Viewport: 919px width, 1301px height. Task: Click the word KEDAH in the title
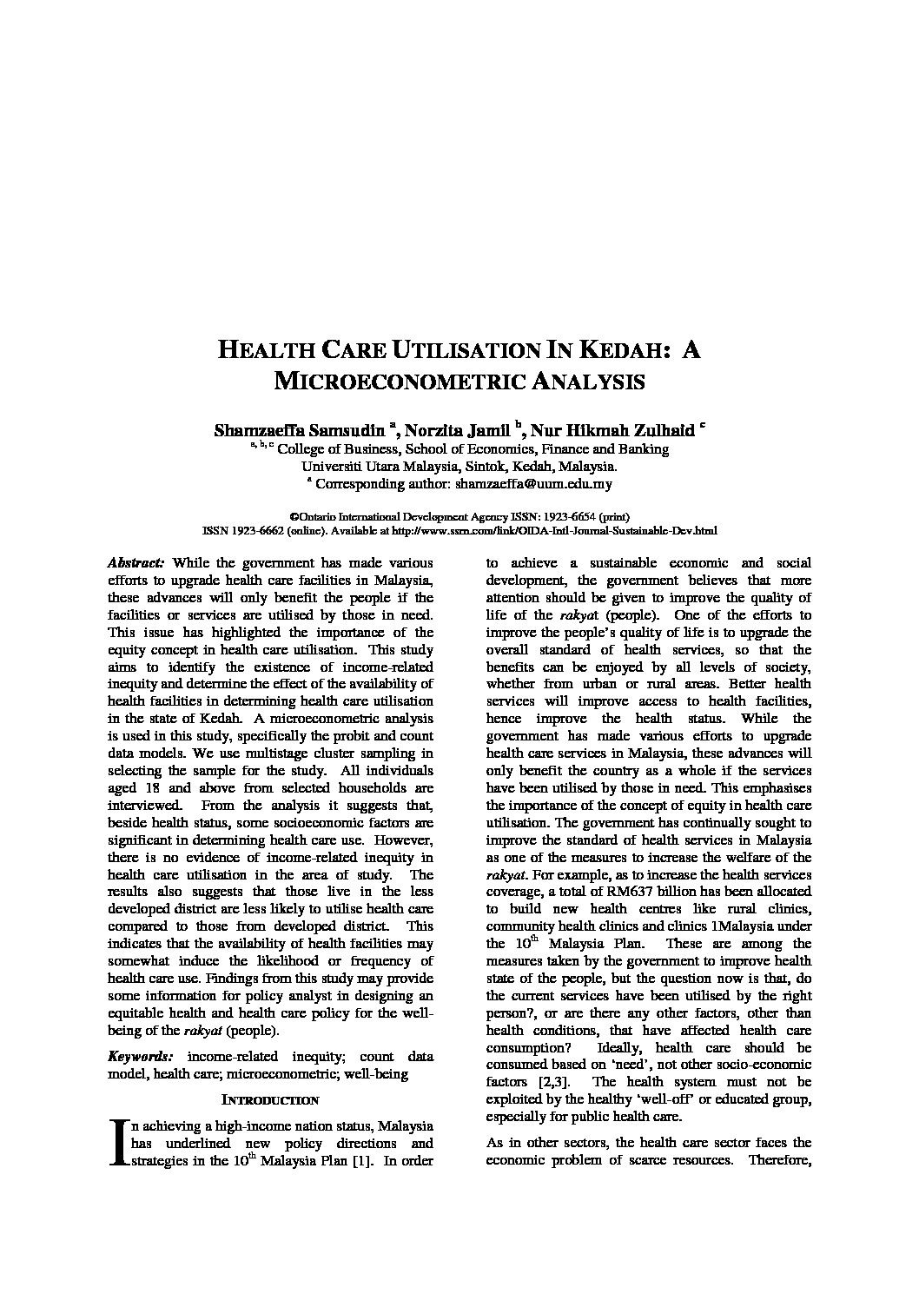618,350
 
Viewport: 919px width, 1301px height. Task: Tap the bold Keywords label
140,1057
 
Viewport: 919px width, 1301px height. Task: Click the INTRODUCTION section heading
270,1100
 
